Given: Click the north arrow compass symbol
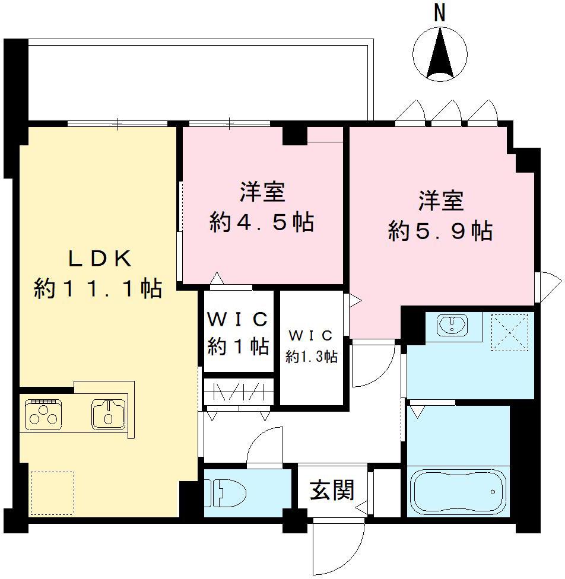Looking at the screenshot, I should pyautogui.click(x=440, y=55).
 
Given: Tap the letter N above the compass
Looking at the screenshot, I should pyautogui.click(x=439, y=12).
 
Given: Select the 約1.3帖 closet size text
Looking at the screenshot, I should pyautogui.click(x=312, y=357).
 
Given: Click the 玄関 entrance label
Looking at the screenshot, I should pyautogui.click(x=332, y=490).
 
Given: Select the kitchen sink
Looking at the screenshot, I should pyautogui.click(x=107, y=413).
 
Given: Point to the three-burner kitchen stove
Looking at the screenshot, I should pyautogui.click(x=43, y=413).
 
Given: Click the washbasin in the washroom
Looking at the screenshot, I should pyautogui.click(x=452, y=325).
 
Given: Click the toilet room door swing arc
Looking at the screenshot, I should pyautogui.click(x=264, y=446).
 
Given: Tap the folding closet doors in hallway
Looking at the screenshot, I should pyautogui.click(x=238, y=392).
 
